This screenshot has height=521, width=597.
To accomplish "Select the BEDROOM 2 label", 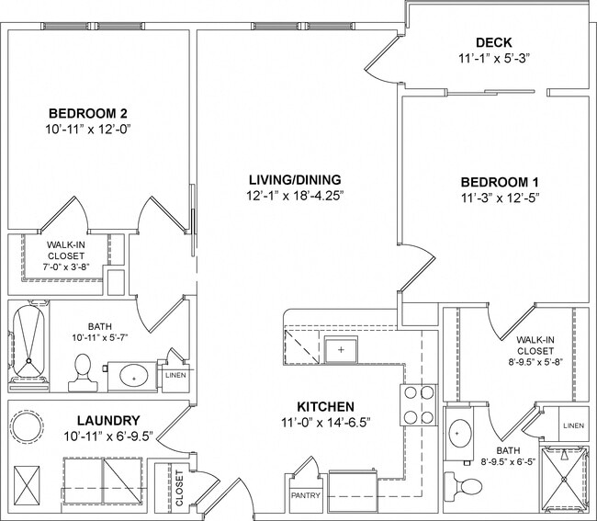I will [x=87, y=113].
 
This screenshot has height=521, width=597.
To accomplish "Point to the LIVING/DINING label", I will [x=295, y=178].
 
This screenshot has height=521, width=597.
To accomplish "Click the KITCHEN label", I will [x=326, y=407].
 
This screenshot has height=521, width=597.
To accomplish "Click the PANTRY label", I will [x=304, y=495].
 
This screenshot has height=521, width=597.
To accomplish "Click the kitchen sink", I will [x=341, y=350].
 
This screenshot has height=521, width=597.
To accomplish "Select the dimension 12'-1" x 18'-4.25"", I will [x=295, y=195].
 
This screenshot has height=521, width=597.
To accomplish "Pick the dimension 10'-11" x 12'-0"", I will [x=87, y=130].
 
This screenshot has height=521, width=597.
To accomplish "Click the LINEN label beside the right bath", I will [x=571, y=425].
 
